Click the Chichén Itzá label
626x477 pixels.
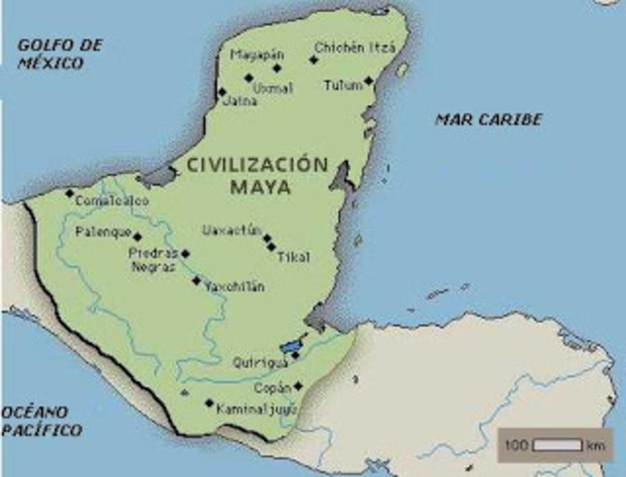pyautogui.click(x=355, y=47)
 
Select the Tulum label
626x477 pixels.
pyautogui.click(x=342, y=85)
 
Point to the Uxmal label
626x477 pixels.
pyautogui.click(x=272, y=88)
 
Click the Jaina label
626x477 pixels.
pyautogui.click(x=241, y=101)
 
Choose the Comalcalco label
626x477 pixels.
pyautogui.click(x=111, y=201)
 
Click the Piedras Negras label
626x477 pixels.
pyautogui.click(x=153, y=259)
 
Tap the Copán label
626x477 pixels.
pyautogui.click(x=272, y=388)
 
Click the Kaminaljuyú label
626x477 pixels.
pyautogui.click(x=254, y=406)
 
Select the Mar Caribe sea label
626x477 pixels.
pyautogui.click(x=488, y=119)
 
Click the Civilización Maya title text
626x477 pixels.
pyautogui.click(x=256, y=175)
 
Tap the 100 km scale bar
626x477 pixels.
pyautogui.click(x=555, y=444)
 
